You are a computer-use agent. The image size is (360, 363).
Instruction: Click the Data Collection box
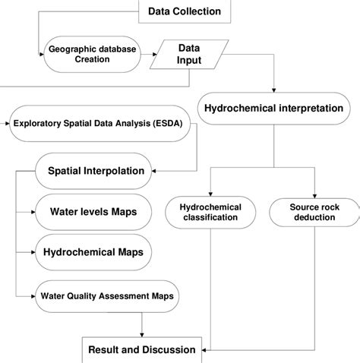(x=185, y=11)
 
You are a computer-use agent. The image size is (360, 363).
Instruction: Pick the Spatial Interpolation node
(x=95, y=170)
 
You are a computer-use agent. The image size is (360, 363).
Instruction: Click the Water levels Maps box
(x=93, y=211)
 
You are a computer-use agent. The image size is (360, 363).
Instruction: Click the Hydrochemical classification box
(x=210, y=212)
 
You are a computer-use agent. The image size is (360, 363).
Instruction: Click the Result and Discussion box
(x=142, y=349)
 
